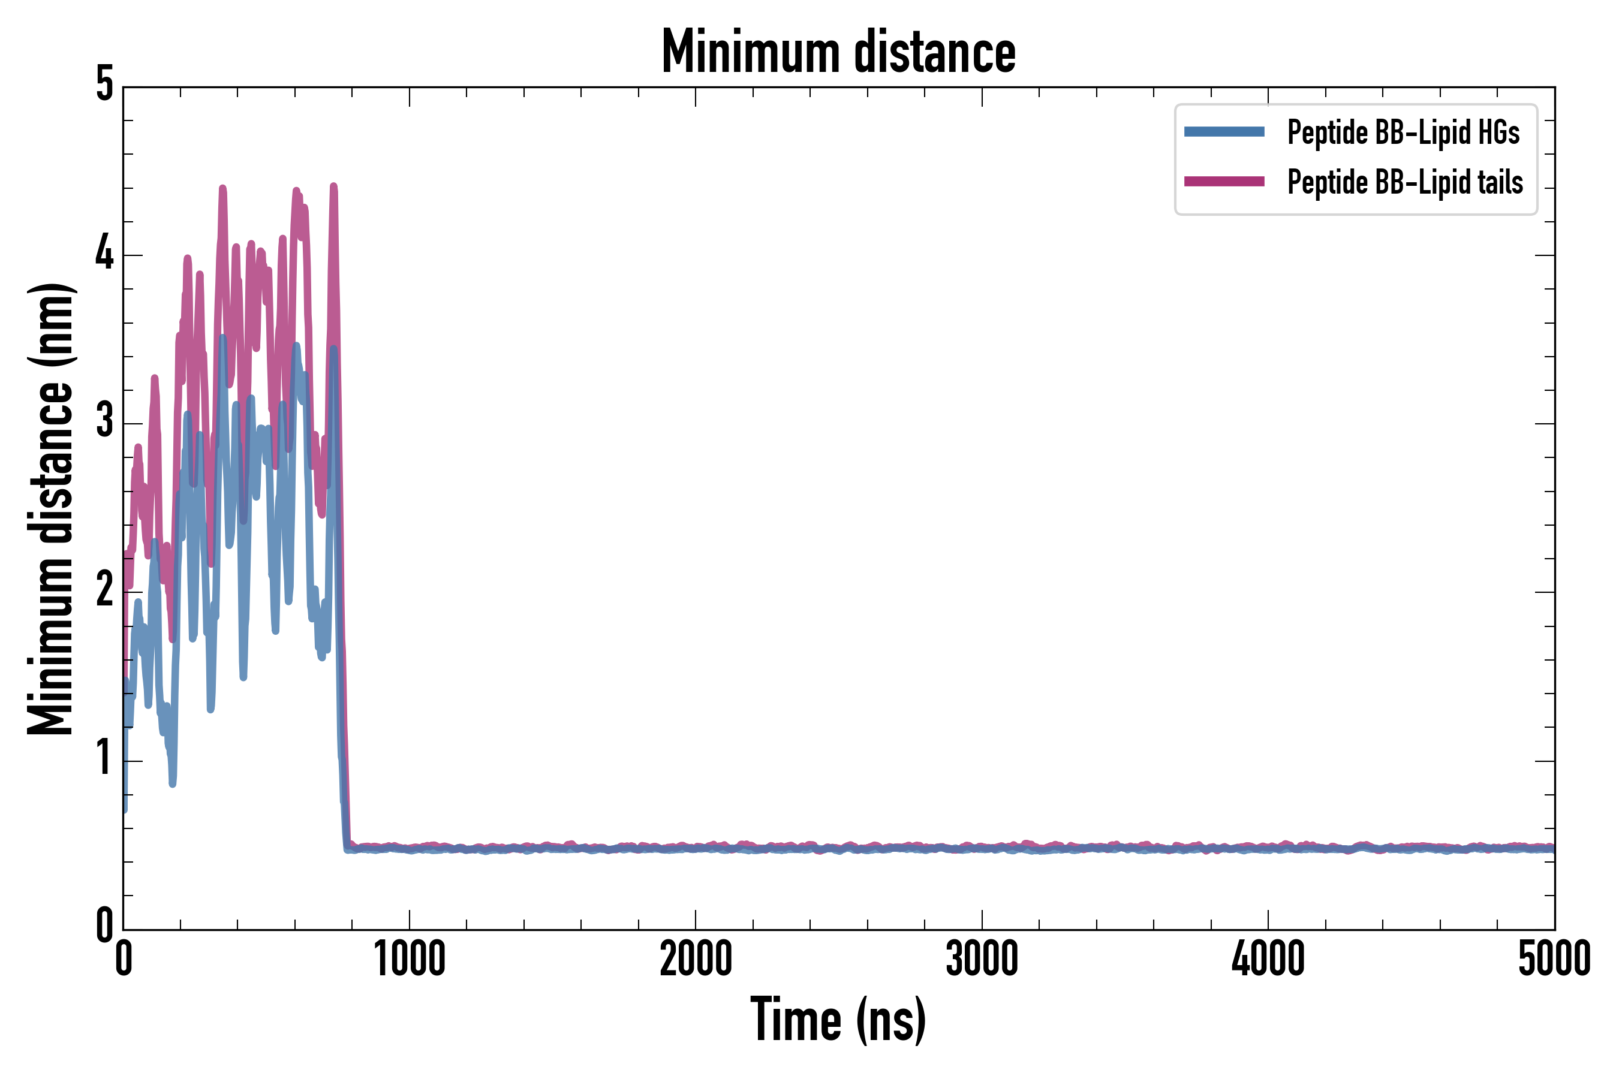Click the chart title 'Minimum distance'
(x=838, y=52)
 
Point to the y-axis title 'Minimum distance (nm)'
(x=50, y=509)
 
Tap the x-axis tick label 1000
(x=410, y=959)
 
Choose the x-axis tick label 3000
(x=982, y=959)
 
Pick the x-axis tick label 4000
(x=1268, y=959)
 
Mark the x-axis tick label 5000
(x=1554, y=959)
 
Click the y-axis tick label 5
(x=104, y=85)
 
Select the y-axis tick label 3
(x=104, y=422)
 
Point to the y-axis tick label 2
(x=104, y=590)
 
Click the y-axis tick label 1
(x=104, y=759)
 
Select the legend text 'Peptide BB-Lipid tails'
(x=1405, y=182)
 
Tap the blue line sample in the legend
(x=1224, y=132)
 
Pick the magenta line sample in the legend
(x=1224, y=182)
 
